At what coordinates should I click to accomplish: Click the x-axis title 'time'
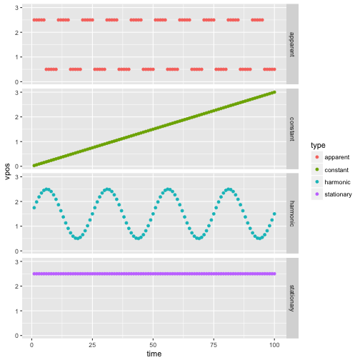(x=154, y=354)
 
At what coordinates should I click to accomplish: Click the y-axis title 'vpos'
(x=7, y=171)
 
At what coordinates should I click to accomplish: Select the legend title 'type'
(x=318, y=145)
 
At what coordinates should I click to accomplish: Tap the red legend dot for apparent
(x=317, y=157)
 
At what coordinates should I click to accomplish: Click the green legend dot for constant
(x=317, y=169)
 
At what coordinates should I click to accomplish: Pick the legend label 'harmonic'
(x=337, y=182)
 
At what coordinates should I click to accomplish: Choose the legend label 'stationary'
(x=338, y=194)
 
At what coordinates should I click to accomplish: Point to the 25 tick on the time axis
(x=92, y=345)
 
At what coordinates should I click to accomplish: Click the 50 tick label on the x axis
(x=153, y=345)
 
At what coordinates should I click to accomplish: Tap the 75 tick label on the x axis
(x=214, y=345)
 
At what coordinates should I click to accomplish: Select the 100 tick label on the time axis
(x=274, y=345)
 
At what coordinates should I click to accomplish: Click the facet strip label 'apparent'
(x=292, y=44)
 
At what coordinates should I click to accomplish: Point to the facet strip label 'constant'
(x=292, y=129)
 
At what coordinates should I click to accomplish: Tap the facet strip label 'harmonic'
(x=292, y=214)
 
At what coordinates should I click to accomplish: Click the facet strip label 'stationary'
(x=292, y=298)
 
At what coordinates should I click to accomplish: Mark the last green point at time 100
(x=274, y=92)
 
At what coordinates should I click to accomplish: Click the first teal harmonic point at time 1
(x=34, y=208)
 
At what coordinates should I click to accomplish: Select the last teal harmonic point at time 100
(x=274, y=214)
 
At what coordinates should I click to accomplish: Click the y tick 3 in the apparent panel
(x=16, y=8)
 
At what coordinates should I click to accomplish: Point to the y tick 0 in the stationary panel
(x=16, y=336)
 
